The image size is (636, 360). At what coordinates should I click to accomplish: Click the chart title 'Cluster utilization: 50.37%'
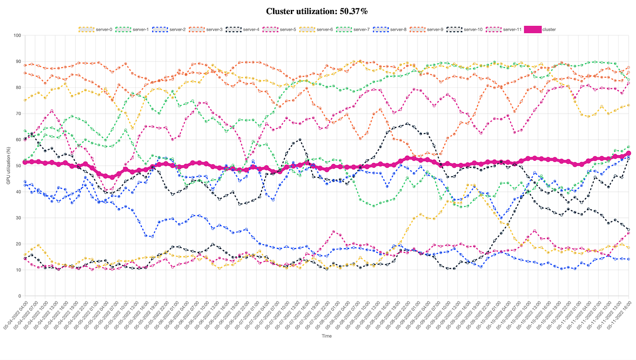(318, 11)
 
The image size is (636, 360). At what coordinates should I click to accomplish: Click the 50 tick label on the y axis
(18, 166)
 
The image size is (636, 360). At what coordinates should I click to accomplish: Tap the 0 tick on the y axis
(19, 296)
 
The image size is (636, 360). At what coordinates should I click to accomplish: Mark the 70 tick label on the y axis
(18, 114)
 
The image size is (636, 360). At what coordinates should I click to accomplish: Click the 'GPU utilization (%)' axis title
(8, 166)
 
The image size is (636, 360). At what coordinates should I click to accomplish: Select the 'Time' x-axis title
(326, 336)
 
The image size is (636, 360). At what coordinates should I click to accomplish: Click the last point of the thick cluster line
(629, 153)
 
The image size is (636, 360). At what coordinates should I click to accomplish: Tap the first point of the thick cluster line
(24, 162)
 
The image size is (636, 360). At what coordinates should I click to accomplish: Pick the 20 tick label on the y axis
(18, 244)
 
